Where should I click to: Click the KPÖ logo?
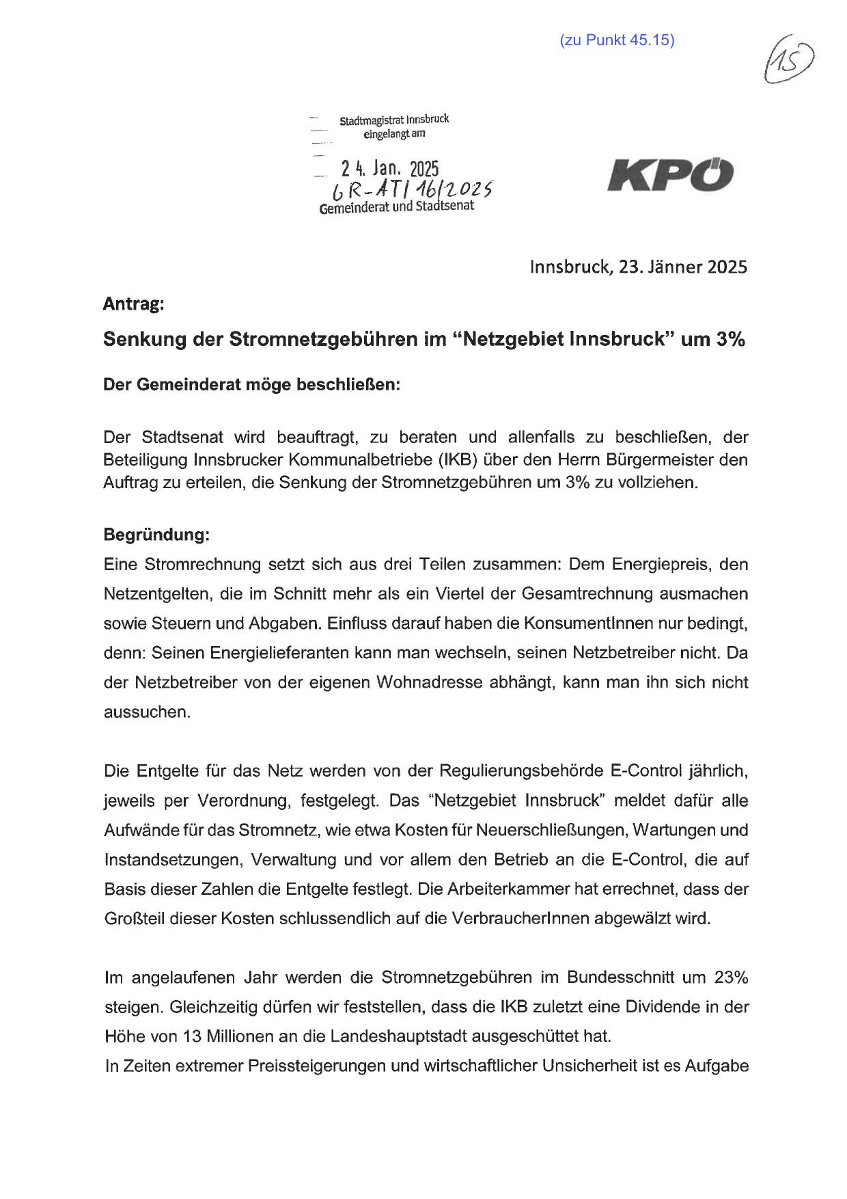point(670,175)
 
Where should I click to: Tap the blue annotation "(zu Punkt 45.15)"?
point(617,40)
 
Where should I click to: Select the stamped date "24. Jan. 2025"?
point(390,168)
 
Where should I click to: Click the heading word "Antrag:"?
point(133,304)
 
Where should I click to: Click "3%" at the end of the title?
point(730,340)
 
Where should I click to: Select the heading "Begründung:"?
point(156,535)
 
